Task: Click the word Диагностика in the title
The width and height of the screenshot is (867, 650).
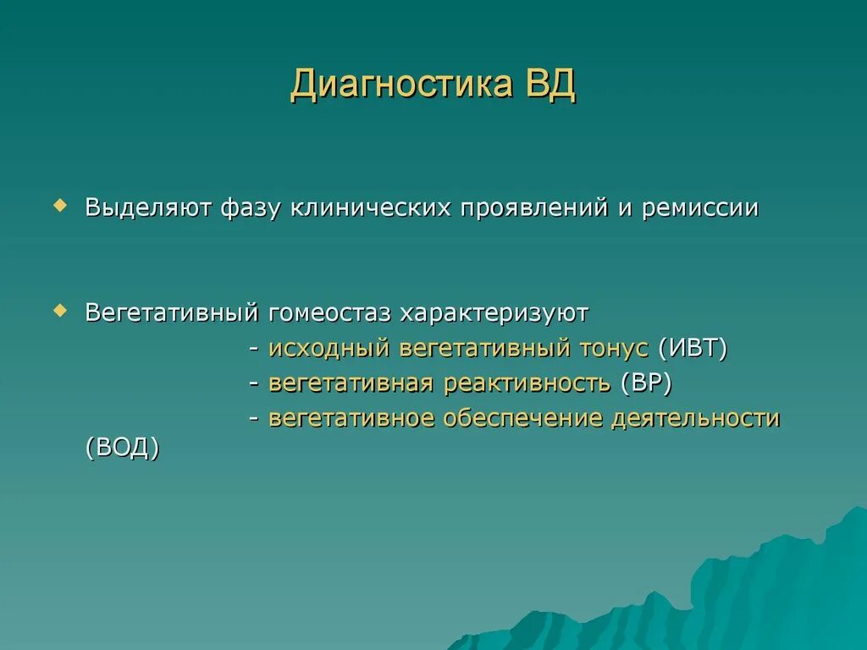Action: (x=401, y=85)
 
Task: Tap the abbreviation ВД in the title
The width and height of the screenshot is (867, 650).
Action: (x=550, y=85)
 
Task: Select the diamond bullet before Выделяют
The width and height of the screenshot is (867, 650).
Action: (x=60, y=206)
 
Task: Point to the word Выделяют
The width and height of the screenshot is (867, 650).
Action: (x=148, y=208)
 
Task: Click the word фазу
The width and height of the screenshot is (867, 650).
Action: (x=250, y=209)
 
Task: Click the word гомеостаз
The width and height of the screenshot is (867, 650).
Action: (x=329, y=313)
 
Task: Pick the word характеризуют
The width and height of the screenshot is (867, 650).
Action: (x=494, y=314)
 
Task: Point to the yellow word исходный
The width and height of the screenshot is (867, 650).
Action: (x=329, y=349)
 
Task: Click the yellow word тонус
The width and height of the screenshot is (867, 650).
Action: (x=614, y=349)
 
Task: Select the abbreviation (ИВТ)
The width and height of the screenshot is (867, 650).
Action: (x=693, y=348)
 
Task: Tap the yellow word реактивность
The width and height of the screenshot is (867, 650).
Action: (x=527, y=383)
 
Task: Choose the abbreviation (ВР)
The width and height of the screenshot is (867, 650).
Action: (x=646, y=383)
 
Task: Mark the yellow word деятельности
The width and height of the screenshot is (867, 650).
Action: (x=696, y=418)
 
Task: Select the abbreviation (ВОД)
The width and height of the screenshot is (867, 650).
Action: (x=123, y=447)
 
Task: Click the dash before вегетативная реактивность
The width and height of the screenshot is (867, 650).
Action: (x=254, y=384)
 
